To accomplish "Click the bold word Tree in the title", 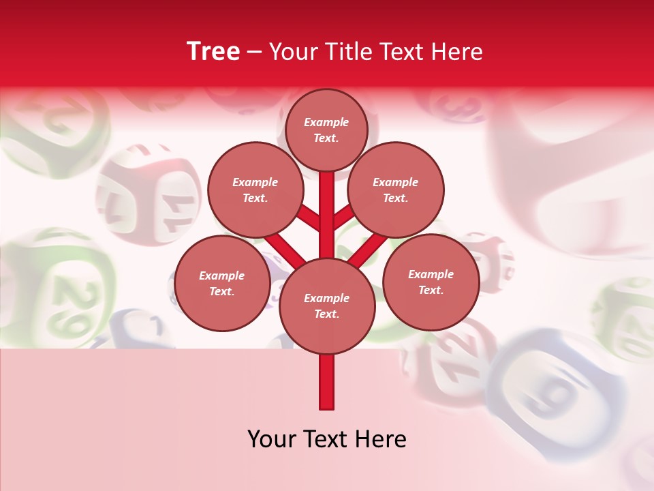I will (213, 51).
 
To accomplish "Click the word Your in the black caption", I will (272, 439).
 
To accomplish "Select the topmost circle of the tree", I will (326, 130).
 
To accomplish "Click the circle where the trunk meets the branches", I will (327, 306).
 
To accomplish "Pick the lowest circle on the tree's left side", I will (222, 283).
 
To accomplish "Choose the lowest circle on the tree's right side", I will (431, 282).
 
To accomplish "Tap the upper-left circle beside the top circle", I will (255, 190).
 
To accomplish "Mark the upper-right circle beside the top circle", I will (396, 190).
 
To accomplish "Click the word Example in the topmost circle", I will (326, 123).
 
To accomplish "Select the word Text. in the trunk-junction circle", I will (326, 314).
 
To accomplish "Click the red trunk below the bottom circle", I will (327, 382).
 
